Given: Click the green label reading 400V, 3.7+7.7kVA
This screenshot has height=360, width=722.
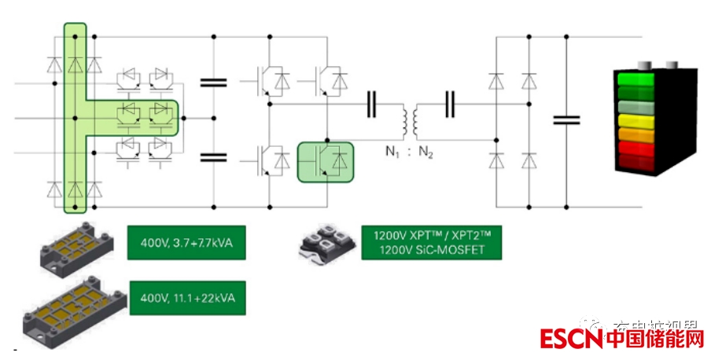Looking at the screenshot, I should tap(186, 242).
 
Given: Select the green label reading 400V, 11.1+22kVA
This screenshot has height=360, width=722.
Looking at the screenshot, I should tap(186, 299).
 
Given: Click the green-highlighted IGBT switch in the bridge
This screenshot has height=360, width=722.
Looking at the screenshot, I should tap(325, 160).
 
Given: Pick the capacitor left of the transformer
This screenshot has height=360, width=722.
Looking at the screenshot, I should tap(371, 105).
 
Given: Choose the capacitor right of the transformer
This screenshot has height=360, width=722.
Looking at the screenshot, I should tap(450, 105).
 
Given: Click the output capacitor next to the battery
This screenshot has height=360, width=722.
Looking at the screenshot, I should tap(566, 119).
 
